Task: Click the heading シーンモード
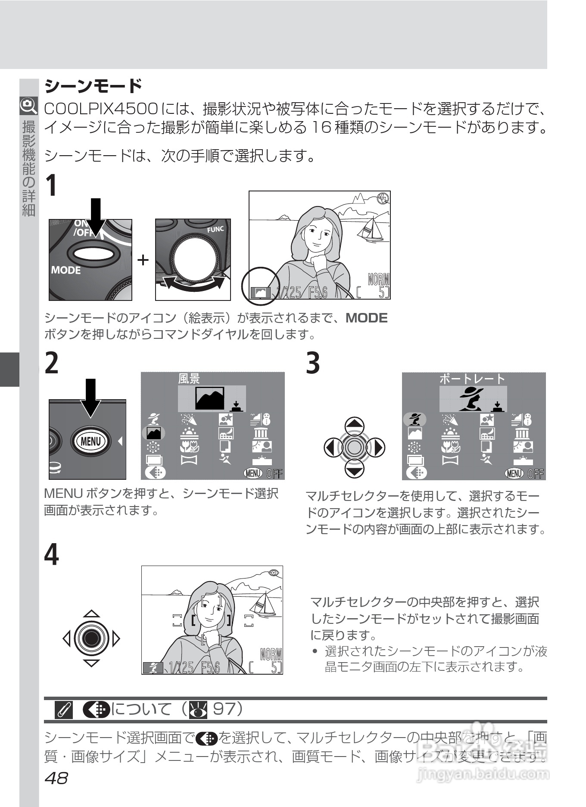pyautogui.click(x=93, y=86)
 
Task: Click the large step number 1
pyautogui.click(x=52, y=186)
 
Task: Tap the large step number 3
pyautogui.click(x=313, y=363)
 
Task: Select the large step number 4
pyautogui.click(x=52, y=555)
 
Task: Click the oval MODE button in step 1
pyautogui.click(x=93, y=254)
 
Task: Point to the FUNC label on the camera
pyautogui.click(x=215, y=230)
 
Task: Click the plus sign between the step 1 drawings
pyautogui.click(x=143, y=260)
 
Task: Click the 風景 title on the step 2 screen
pyautogui.click(x=189, y=378)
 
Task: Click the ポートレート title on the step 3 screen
pyautogui.click(x=472, y=378)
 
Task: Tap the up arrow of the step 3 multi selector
pyautogui.click(x=355, y=425)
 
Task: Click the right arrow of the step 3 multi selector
pyautogui.click(x=377, y=447)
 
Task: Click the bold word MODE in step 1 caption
pyautogui.click(x=367, y=318)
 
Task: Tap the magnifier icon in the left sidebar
pyautogui.click(x=28, y=105)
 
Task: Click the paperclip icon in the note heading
pyautogui.click(x=64, y=710)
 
